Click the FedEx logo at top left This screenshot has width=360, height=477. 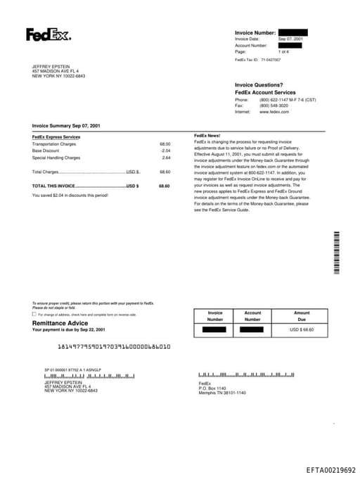coord(48,34)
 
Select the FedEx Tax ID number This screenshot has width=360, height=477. coord(271,60)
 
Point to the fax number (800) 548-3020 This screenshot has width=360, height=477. coord(275,106)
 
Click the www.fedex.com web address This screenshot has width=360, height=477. coord(274,112)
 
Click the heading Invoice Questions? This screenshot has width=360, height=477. coord(259,85)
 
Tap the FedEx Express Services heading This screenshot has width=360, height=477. coord(56,136)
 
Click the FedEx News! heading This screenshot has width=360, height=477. coord(207,135)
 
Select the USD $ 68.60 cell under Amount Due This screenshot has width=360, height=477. coord(302,329)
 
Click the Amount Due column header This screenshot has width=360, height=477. coord(302,316)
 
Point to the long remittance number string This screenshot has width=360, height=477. coord(113,347)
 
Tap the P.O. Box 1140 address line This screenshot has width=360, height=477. coord(212,388)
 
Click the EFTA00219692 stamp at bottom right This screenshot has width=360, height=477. coord(330,469)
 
